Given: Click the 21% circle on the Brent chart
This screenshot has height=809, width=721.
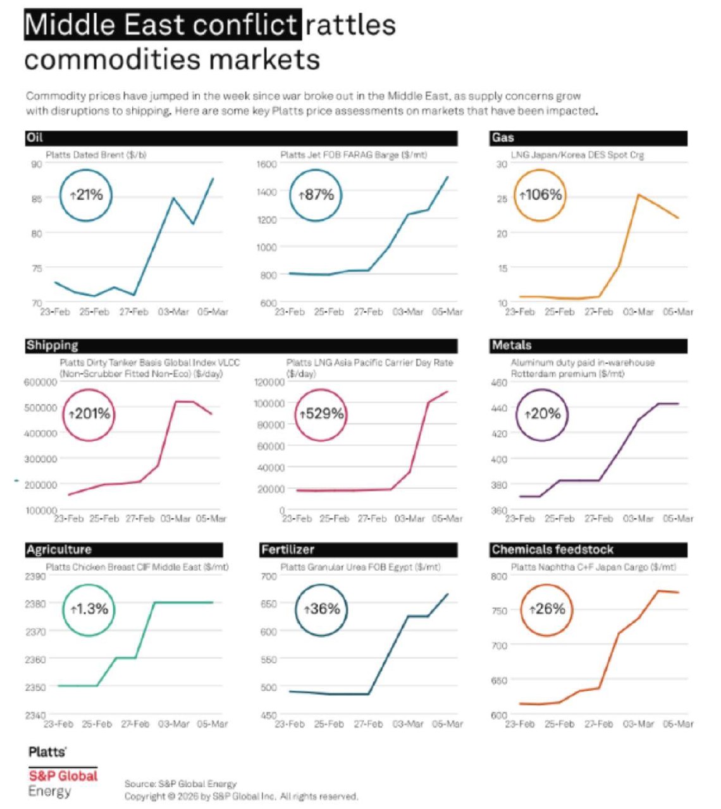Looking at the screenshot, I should [86, 195].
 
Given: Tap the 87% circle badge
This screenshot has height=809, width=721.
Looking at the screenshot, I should [316, 195].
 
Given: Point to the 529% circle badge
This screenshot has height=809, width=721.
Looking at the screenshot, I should [322, 414].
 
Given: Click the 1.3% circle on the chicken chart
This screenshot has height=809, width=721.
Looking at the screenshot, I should [89, 609].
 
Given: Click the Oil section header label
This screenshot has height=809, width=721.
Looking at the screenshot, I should [35, 138].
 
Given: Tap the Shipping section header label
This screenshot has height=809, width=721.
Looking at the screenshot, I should [52, 346].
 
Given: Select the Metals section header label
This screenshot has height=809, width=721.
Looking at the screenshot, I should [512, 346].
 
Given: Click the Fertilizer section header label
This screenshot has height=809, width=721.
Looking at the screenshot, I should [288, 550].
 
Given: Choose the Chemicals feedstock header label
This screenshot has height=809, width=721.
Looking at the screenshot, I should [553, 550].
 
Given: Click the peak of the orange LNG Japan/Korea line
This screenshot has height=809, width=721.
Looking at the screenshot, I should [638, 195].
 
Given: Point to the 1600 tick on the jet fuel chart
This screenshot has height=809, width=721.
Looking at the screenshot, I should [267, 165].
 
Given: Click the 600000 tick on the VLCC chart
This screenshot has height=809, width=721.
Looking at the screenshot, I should [40, 382].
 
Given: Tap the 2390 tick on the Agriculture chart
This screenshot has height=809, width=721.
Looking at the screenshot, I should [35, 576].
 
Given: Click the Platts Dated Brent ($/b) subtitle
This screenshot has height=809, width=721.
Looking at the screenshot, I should [96, 155].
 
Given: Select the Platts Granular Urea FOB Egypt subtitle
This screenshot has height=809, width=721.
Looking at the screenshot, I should [360, 567].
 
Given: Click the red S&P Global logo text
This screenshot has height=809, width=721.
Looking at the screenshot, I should [63, 776].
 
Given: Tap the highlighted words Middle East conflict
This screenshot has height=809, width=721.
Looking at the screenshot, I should [163, 25].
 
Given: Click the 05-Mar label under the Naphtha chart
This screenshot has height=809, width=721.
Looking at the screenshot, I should [678, 724].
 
